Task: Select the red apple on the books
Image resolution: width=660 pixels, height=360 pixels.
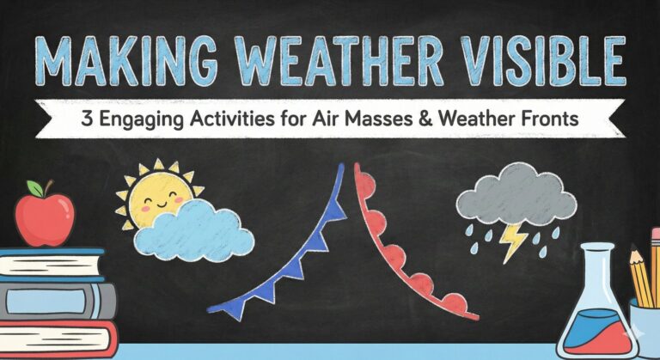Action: tap(44, 217)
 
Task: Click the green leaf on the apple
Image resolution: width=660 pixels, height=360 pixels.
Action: tap(34, 188)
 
